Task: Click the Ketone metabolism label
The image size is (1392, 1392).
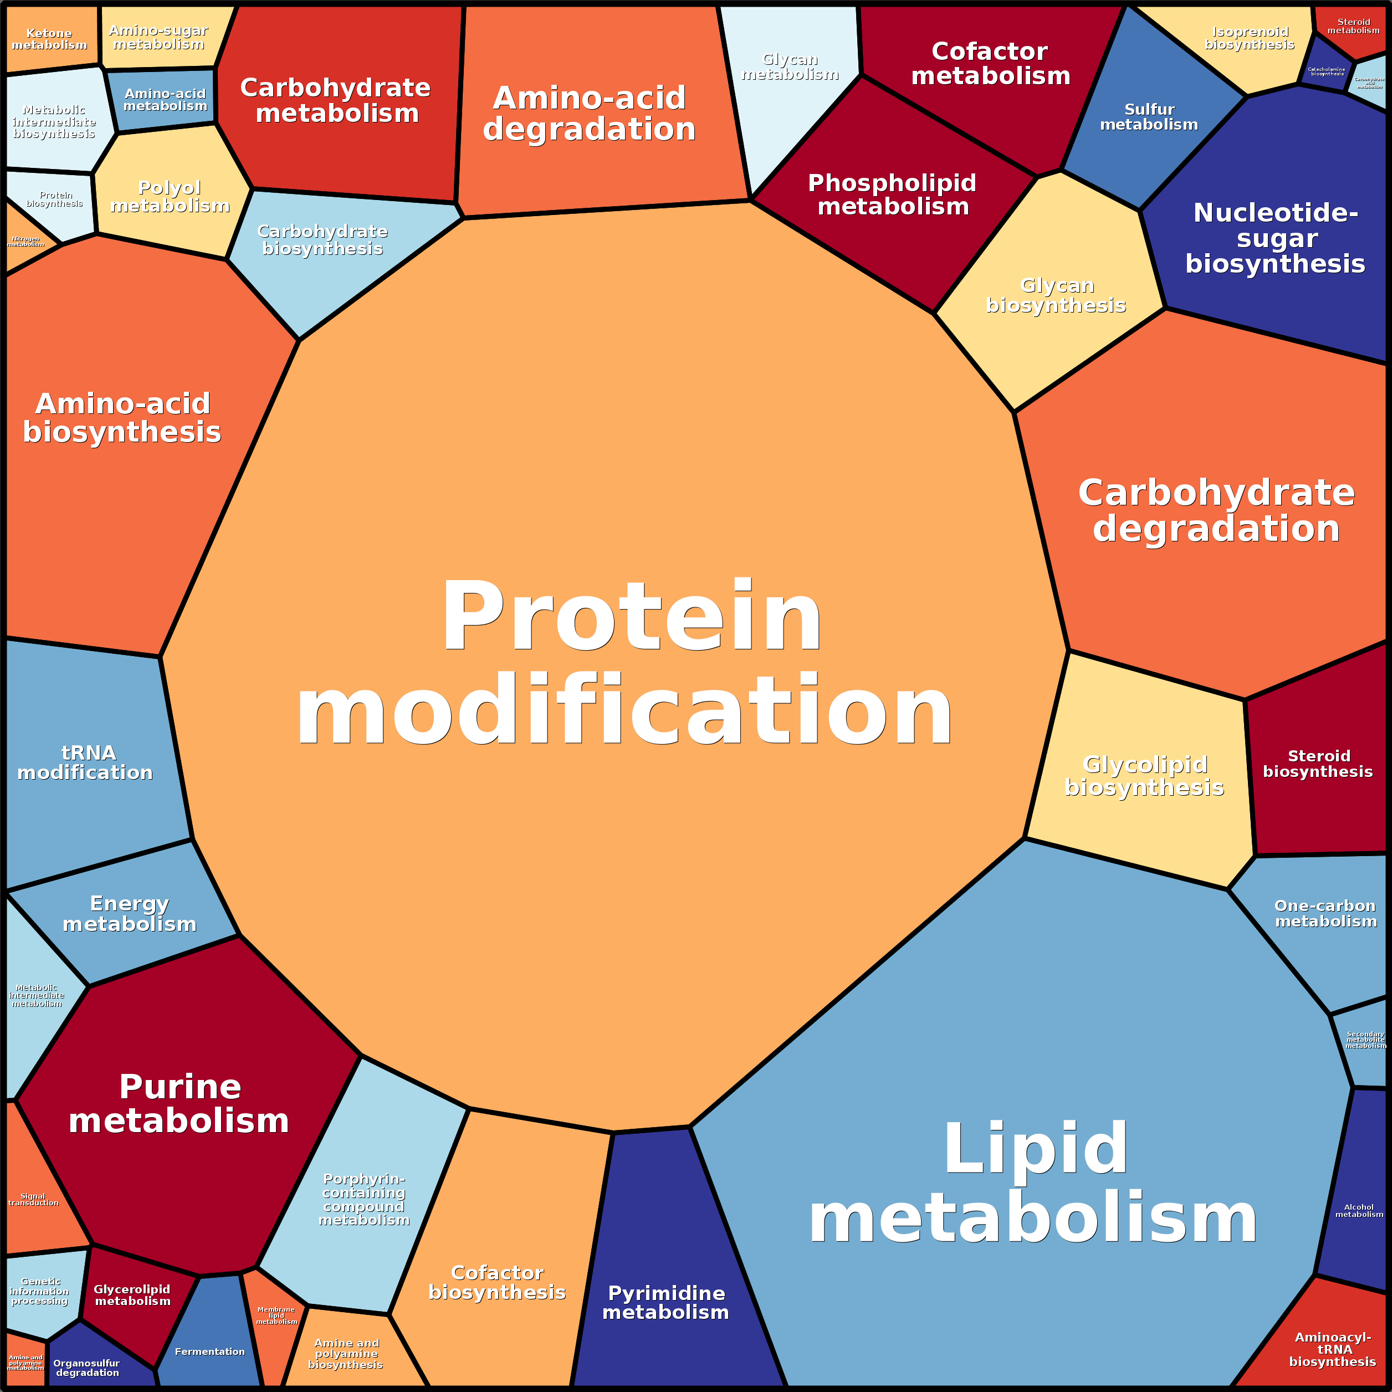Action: [x=49, y=39]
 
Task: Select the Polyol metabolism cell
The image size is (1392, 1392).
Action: [x=170, y=196]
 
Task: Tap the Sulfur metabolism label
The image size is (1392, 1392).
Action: [x=1149, y=117]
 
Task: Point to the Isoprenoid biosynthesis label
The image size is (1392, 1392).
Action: [x=1250, y=38]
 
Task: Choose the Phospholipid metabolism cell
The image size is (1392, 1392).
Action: [x=892, y=195]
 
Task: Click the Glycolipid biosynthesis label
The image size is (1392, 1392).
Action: [x=1144, y=776]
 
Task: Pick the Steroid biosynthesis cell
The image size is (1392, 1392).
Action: [x=1317, y=764]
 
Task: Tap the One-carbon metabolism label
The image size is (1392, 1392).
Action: [x=1326, y=914]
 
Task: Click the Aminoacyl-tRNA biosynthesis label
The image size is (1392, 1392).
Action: [x=1332, y=1349]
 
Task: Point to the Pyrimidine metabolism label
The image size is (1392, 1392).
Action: [x=666, y=1303]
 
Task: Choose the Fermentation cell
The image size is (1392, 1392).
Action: [x=209, y=1352]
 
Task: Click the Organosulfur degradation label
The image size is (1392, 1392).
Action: [x=86, y=1368]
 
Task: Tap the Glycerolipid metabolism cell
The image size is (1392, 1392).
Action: [x=132, y=1294]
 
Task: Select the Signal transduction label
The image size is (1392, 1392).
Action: [x=33, y=1199]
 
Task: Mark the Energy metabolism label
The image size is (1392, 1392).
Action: [x=130, y=914]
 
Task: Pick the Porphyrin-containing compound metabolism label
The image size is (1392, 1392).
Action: [x=364, y=1199]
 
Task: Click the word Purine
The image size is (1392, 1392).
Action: [x=180, y=1087]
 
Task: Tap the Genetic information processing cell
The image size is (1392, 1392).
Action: [x=40, y=1291]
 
